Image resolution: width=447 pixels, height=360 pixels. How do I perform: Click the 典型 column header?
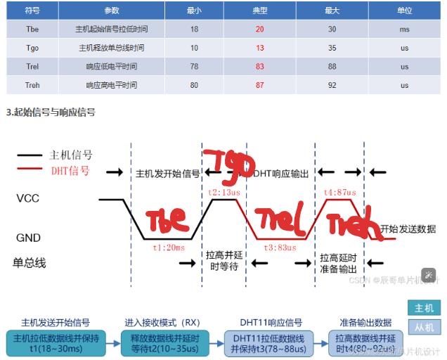tap(260, 11)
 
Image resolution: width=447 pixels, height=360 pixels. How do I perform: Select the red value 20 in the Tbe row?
tap(260, 29)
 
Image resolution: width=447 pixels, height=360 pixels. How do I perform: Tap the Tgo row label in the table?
tap(32, 48)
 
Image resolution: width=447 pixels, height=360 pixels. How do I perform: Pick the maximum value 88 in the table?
tap(332, 66)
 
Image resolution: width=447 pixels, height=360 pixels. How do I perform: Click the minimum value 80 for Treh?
tap(193, 84)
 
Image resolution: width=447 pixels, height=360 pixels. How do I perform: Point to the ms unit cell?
tap(404, 29)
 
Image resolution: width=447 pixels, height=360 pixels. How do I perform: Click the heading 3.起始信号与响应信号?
tap(51, 112)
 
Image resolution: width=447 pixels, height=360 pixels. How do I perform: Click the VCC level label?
tap(27, 199)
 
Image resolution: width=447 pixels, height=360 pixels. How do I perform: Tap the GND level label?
tap(28, 238)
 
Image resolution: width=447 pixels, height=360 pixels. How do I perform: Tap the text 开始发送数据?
tap(408, 229)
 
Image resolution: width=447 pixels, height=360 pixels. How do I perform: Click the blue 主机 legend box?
tap(425, 308)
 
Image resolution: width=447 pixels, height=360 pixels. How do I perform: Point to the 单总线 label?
tap(30, 263)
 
